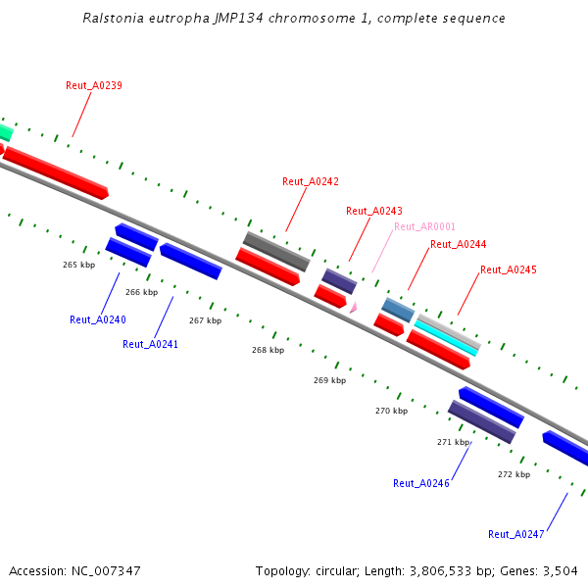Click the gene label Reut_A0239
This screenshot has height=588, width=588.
[94, 85]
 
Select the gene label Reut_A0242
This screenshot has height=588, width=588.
[311, 181]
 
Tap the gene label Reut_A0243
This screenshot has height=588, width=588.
[374, 211]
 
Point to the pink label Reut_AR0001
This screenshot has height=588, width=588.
[424, 226]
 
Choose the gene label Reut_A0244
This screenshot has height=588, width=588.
[459, 244]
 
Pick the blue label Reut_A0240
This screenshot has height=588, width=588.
[98, 319]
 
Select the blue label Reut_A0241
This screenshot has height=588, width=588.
[150, 344]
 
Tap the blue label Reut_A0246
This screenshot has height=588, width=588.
[421, 483]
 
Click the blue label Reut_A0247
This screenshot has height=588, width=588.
[516, 534]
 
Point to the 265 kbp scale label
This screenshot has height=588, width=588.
[78, 265]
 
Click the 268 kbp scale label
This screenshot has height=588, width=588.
[268, 350]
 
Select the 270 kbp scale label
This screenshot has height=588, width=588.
[391, 411]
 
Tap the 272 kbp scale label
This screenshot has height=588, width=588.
[514, 474]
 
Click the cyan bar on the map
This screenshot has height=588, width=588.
[447, 336]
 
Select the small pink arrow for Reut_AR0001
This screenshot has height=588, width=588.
[353, 307]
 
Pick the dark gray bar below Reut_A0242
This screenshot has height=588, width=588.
[276, 252]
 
